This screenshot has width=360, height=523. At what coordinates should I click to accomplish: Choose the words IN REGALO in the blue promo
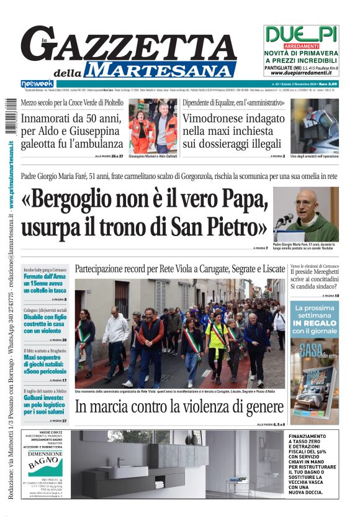[x=314, y=324]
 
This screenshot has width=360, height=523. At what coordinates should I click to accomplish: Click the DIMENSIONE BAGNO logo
[x=45, y=461]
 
